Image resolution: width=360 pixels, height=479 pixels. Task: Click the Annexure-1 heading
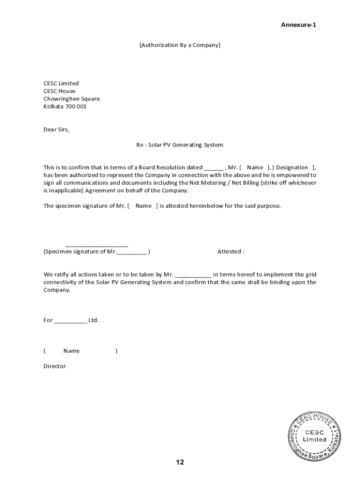pyautogui.click(x=298, y=25)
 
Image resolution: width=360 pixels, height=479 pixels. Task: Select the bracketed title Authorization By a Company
pyautogui.click(x=180, y=45)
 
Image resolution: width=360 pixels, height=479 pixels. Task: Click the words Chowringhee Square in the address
pyautogui.click(x=72, y=99)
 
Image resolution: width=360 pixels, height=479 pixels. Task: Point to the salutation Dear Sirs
pyautogui.click(x=56, y=130)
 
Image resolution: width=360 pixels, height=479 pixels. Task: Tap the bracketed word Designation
pyautogui.click(x=292, y=167)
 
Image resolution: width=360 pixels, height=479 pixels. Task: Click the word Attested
pyautogui.click(x=230, y=252)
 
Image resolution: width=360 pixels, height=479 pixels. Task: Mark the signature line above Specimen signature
pyautogui.click(x=96, y=245)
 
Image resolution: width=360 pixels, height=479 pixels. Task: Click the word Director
pyautogui.click(x=55, y=366)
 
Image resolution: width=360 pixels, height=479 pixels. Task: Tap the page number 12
pyautogui.click(x=180, y=463)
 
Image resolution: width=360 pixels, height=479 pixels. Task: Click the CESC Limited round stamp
pyautogui.click(x=315, y=436)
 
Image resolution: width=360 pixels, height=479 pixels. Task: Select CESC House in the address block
pyautogui.click(x=59, y=91)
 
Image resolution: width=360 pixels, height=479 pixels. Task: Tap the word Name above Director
pyautogui.click(x=72, y=351)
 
